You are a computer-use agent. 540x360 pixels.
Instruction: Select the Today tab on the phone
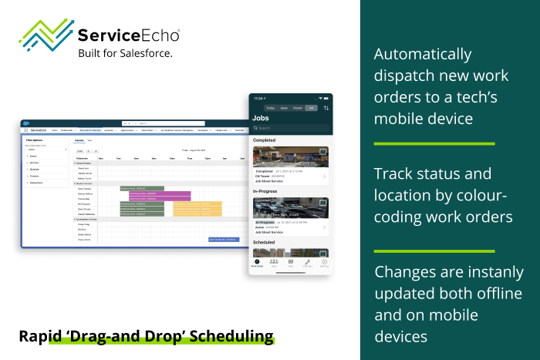click(x=270, y=108)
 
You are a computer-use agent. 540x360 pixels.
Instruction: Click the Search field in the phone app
click(x=290, y=128)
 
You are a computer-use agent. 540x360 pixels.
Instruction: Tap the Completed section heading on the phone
click(x=268, y=140)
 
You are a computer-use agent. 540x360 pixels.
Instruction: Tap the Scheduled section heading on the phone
click(x=268, y=242)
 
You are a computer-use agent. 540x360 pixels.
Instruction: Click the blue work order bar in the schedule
click(x=224, y=240)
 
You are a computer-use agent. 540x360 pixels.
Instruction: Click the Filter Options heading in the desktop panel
click(x=34, y=140)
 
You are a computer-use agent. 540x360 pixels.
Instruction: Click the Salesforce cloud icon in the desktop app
click(x=28, y=123)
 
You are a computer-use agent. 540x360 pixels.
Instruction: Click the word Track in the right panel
click(x=393, y=173)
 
